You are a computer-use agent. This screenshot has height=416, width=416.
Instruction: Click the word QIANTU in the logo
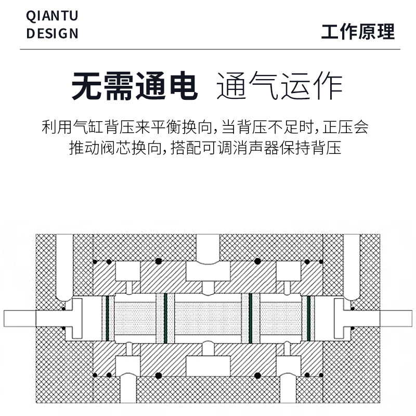(52, 16)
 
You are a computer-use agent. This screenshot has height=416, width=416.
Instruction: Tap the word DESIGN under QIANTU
(52, 34)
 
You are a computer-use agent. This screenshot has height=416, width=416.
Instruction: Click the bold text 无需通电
(135, 86)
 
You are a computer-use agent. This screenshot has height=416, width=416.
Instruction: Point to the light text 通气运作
(279, 86)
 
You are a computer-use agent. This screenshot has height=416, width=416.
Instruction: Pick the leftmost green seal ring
(107, 318)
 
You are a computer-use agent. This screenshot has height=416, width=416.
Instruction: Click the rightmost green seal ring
(308, 318)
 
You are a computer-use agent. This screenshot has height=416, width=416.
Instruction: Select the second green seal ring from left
(165, 318)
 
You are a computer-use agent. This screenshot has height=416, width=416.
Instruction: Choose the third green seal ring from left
(250, 318)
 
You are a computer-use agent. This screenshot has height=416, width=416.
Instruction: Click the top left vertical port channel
(64, 265)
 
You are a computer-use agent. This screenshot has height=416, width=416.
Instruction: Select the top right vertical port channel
(352, 265)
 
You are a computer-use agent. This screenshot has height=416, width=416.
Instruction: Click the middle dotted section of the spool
(208, 318)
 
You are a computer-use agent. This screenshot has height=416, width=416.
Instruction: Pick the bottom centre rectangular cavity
(208, 366)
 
